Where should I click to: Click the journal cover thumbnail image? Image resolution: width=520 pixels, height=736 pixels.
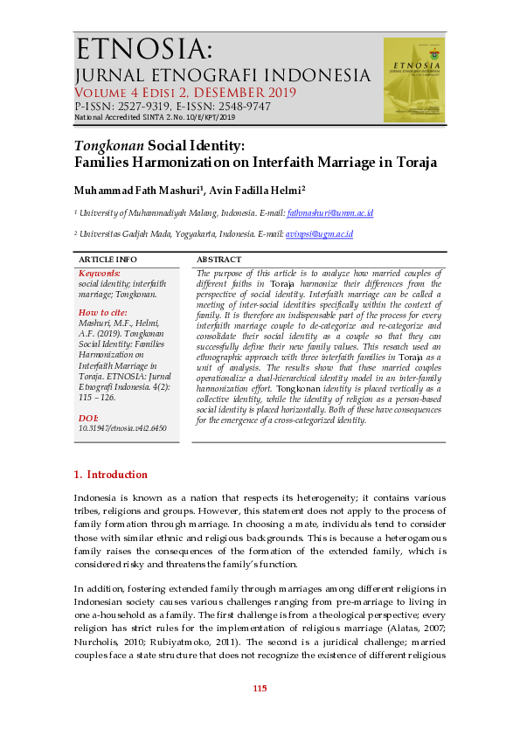[414, 79]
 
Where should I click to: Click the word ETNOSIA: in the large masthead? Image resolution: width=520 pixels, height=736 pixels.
[144, 48]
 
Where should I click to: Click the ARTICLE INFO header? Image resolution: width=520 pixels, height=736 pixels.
[107, 260]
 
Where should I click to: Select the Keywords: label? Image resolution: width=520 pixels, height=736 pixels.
[99, 274]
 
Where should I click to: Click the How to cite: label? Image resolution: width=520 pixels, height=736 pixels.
[102, 312]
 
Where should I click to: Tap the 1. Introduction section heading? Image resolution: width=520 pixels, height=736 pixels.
[111, 475]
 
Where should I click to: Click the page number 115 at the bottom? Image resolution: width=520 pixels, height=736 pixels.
[260, 689]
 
